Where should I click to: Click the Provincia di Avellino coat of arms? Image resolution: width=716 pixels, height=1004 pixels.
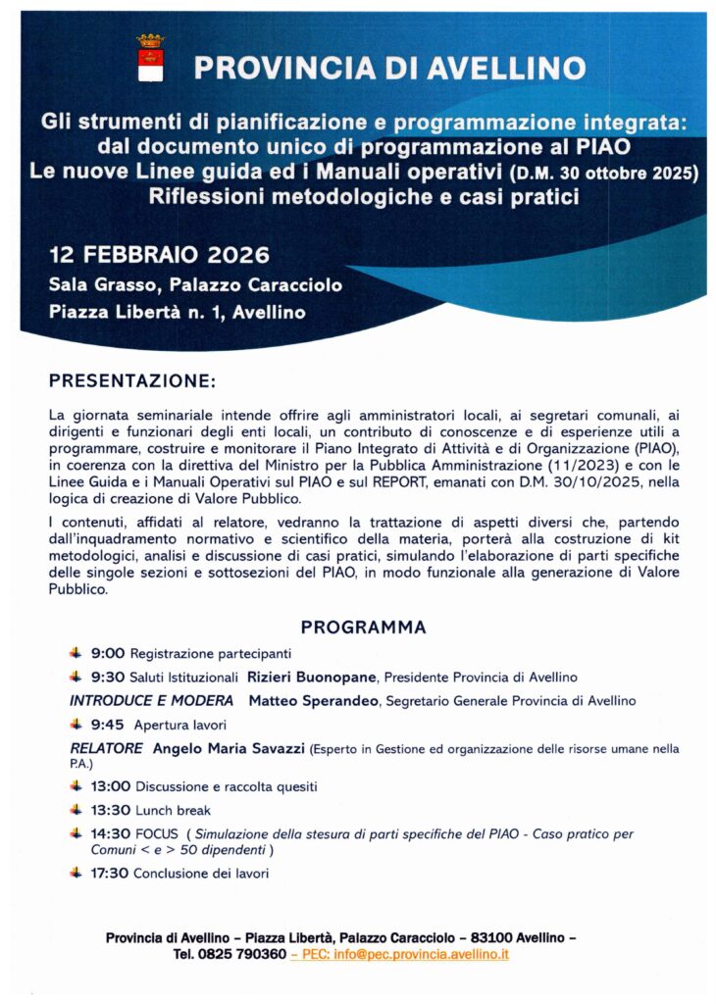[150, 59]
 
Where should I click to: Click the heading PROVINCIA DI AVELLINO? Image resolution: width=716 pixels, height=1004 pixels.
[389, 68]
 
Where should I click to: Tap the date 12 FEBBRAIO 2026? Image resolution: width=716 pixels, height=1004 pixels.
[159, 256]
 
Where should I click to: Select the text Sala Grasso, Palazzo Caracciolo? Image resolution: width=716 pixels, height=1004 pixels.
[195, 285]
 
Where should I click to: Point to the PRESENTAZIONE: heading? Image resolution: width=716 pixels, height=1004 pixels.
[131, 379]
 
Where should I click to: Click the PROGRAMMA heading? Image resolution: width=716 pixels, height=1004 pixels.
[363, 627]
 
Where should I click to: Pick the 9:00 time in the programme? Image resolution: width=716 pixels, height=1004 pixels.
[108, 653]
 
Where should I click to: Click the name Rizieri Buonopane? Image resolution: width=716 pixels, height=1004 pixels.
[313, 677]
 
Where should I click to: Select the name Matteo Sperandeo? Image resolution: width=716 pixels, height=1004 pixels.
[315, 701]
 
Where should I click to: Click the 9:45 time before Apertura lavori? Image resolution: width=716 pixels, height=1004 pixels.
[108, 726]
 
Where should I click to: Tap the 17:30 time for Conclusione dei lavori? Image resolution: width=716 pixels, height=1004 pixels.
[111, 873]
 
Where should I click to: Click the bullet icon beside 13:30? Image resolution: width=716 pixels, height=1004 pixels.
[76, 810]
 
